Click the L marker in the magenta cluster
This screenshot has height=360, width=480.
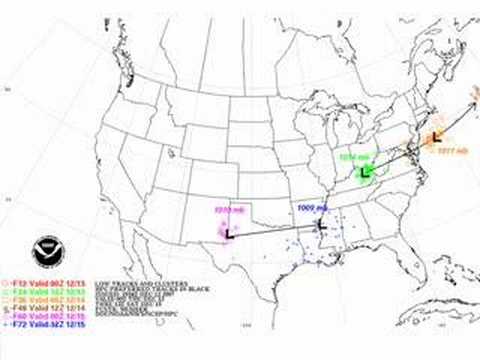point(229,232)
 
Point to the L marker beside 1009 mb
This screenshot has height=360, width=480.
point(320,226)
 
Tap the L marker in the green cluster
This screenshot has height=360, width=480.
point(365,173)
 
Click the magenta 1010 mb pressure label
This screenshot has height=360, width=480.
point(229,210)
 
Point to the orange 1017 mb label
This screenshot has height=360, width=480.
point(446,151)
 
